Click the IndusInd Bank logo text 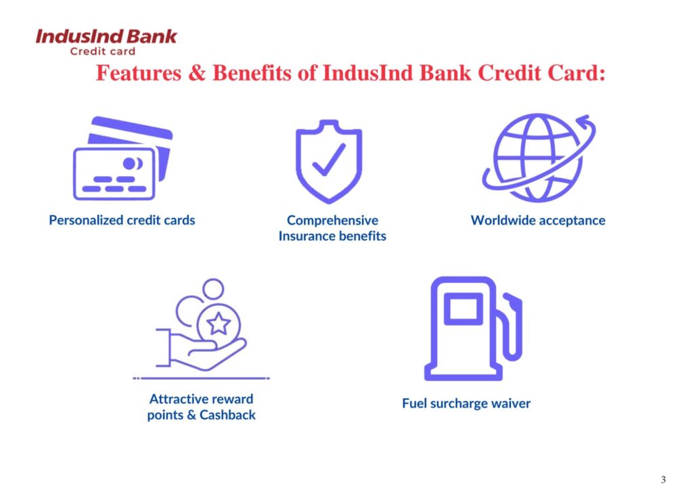tap(106, 37)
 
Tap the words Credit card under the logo tap(103, 51)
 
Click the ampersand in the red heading tap(197, 73)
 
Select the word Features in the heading tap(139, 73)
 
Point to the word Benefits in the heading tap(252, 73)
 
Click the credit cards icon tap(122, 158)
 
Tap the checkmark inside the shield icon tap(329, 160)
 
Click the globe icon tap(539, 158)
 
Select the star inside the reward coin tap(219, 324)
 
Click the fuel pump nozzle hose tap(511, 328)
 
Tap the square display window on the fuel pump tap(463, 309)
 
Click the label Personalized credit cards tap(122, 220)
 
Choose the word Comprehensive tap(332, 220)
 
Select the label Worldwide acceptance tap(538, 220)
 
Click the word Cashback tap(227, 415)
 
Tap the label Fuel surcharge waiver tap(466, 403)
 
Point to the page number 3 tap(663, 479)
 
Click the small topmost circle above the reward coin tap(213, 289)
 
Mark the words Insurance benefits tap(332, 236)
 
